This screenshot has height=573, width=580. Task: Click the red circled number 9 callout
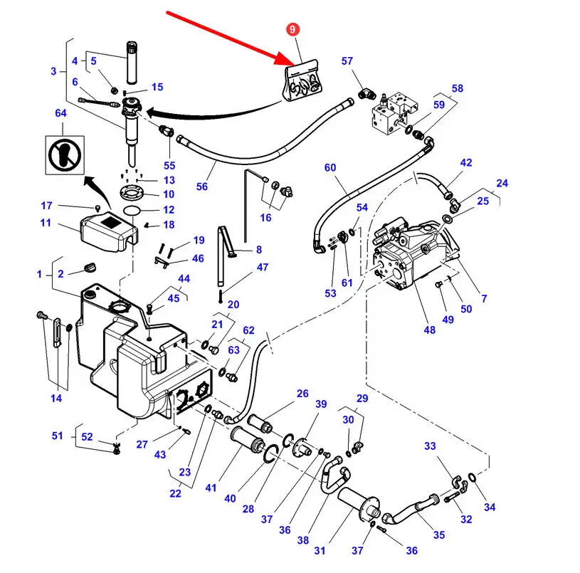click(294, 31)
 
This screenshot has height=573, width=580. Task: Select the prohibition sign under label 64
click(60, 152)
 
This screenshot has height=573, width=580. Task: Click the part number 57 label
click(347, 61)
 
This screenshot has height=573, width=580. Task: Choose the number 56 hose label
click(202, 186)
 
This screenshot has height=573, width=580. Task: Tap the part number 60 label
click(330, 168)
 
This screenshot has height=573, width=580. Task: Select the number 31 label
click(320, 550)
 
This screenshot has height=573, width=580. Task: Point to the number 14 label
click(56, 398)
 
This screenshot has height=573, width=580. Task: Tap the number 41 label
click(210, 488)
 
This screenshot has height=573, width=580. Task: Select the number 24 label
click(502, 183)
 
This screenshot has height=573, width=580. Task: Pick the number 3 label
click(53, 71)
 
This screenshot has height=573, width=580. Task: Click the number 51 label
click(58, 436)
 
